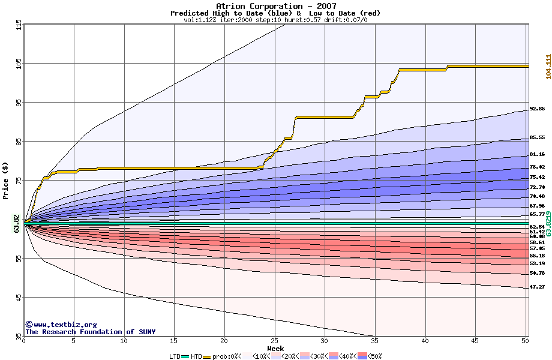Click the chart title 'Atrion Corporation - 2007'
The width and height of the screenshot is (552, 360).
click(275, 6)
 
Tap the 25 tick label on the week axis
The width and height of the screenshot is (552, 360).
click(275, 341)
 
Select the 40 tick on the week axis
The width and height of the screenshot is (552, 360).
click(425, 341)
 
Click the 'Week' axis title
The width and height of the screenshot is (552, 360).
click(275, 348)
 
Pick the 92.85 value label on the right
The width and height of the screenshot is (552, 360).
click(537, 109)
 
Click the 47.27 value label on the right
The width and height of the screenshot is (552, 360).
click(537, 287)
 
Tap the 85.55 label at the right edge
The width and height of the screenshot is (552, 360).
click(537, 139)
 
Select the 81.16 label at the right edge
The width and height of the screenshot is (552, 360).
click(537, 154)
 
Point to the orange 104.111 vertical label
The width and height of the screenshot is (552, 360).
click(548, 66)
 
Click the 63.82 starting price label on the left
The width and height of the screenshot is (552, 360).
click(17, 223)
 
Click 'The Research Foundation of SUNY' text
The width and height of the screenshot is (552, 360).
click(90, 332)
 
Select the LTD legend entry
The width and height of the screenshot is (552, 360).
click(175, 356)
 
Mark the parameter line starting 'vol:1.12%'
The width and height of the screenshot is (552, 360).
click(275, 20)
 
